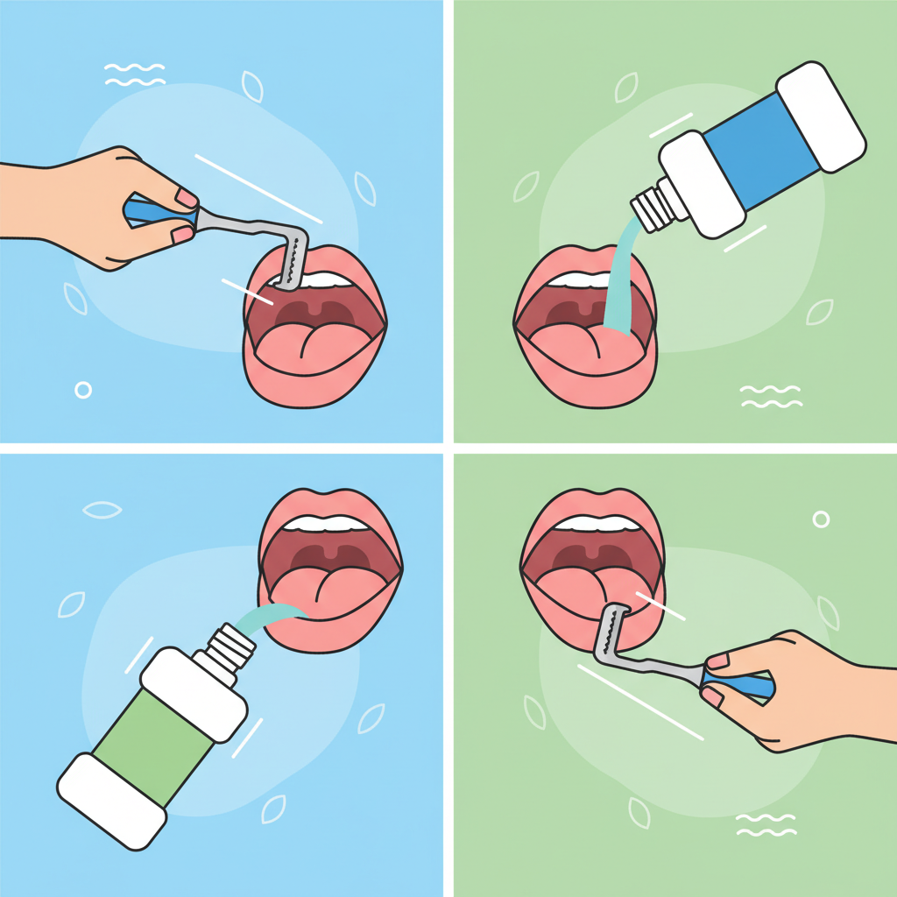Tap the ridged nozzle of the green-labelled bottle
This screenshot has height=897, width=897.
tap(233, 649)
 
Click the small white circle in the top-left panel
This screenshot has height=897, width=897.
tap(83, 390)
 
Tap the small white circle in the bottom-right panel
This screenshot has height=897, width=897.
tap(821, 519)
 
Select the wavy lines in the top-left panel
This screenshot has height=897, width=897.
tap(135, 74)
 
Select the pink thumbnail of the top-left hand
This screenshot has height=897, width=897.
tap(187, 197)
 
